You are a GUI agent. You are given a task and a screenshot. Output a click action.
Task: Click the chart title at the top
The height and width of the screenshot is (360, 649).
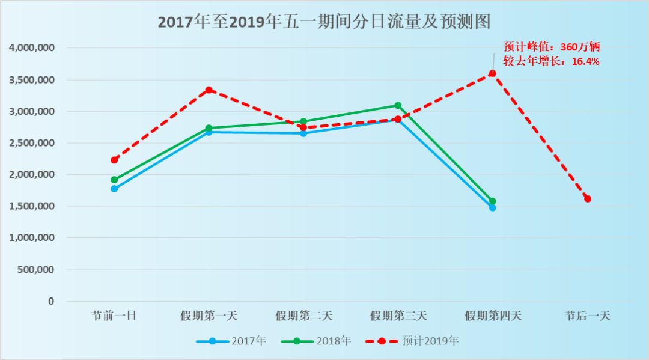[x=324, y=22]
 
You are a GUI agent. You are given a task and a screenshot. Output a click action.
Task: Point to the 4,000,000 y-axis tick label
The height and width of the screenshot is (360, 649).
[x=32, y=48]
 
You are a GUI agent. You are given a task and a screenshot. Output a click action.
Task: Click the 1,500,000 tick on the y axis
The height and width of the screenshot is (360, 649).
[x=32, y=206]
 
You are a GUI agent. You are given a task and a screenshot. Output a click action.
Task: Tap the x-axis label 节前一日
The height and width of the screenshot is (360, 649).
[x=114, y=316]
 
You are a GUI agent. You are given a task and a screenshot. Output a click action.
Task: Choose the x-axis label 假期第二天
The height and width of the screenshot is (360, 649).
[x=303, y=316]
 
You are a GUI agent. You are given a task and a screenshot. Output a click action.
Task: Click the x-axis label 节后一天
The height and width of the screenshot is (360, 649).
[x=588, y=316]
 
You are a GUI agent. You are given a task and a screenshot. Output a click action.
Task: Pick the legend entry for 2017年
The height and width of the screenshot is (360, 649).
[x=231, y=341]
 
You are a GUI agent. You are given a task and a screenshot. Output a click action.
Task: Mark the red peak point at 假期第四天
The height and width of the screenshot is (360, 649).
[x=492, y=73]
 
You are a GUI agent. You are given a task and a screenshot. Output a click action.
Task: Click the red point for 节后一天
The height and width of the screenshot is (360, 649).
[x=588, y=199]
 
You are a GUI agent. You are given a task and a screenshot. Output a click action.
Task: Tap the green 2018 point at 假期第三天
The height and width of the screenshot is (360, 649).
[x=398, y=106]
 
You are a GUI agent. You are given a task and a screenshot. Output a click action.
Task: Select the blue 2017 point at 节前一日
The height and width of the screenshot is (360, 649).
[x=114, y=189]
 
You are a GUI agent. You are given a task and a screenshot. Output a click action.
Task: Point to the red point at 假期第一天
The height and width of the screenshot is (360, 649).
[x=209, y=90]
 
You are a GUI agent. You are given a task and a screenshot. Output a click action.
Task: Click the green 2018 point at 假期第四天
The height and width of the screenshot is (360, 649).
[x=493, y=201]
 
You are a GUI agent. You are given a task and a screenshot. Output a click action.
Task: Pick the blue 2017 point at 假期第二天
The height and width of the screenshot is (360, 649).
[x=303, y=133]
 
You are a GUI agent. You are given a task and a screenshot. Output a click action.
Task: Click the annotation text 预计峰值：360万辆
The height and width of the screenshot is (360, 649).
[x=552, y=47]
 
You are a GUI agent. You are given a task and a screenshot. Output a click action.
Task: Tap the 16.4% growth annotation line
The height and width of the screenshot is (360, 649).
[x=552, y=61]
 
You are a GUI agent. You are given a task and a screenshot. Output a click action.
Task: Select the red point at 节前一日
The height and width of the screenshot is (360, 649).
[x=114, y=160]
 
